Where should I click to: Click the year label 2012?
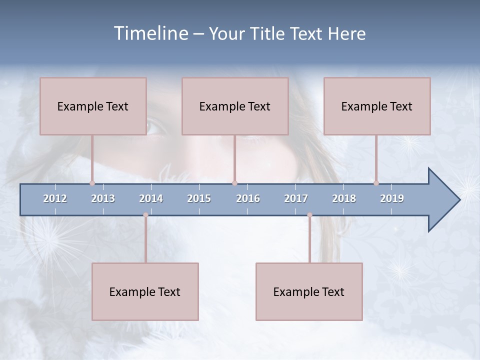pos(55,198)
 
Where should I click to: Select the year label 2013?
pos(103,198)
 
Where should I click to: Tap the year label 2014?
pos(151,198)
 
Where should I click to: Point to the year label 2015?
pos(199,198)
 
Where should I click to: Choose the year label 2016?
pos(248,198)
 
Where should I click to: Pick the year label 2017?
pos(296,198)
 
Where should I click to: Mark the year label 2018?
pos(344,198)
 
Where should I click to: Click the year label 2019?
pos(392,198)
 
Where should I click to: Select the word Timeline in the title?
pos(150,33)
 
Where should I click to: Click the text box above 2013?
pos(93,106)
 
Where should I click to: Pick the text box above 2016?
pos(235,106)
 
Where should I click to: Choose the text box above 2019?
pos(377,106)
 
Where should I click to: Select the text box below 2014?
pos(145,291)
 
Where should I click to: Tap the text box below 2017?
pos(309,291)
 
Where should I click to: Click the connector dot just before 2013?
pos(92,183)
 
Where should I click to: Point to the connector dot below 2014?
pos(145,215)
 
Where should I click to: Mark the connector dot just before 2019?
pos(376,183)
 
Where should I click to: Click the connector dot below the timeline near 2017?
pos(309,215)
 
